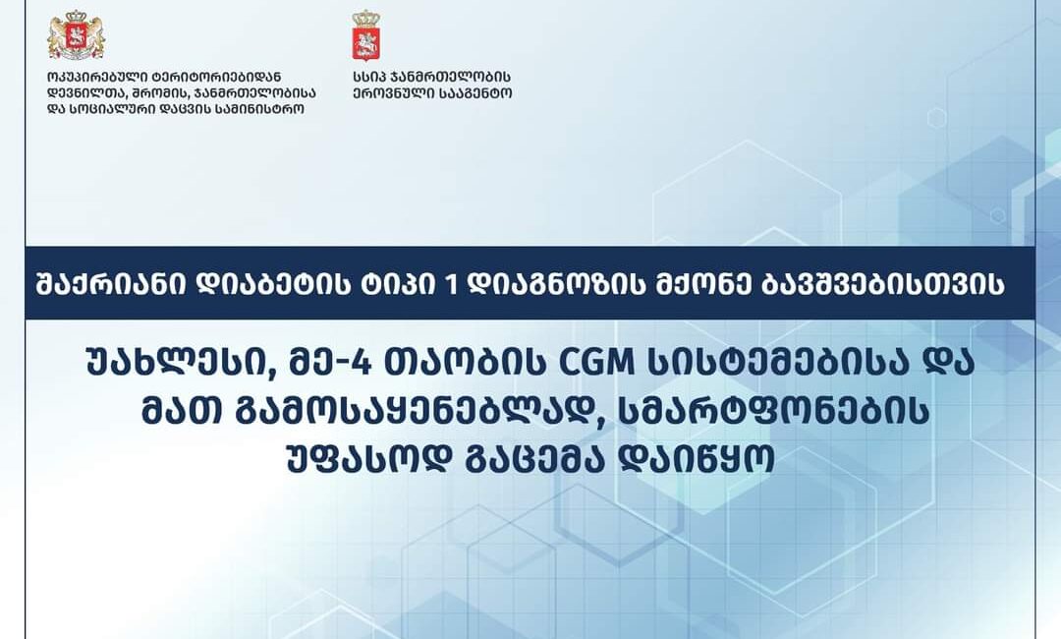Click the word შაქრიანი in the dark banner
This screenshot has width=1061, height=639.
pos(111,284)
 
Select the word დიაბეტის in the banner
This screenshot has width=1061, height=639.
pos(270,284)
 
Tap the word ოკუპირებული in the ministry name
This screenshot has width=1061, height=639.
pos(91,77)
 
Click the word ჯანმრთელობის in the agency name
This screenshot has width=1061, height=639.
pos(453,77)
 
